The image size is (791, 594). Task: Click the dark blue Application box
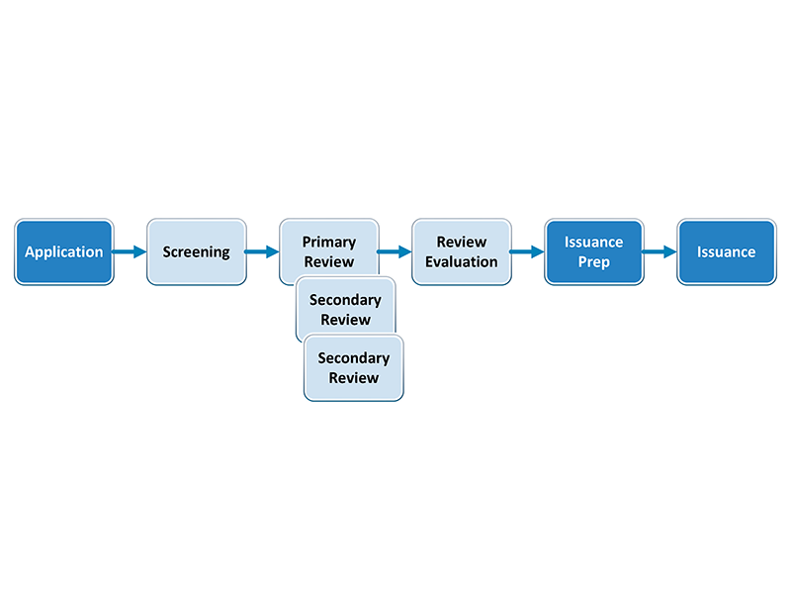point(64,252)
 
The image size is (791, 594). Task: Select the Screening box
point(196,252)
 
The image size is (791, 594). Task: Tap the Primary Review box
point(328,243)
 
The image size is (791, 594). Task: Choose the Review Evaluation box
point(461,252)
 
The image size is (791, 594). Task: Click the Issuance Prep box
point(593,252)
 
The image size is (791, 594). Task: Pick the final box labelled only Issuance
point(726,252)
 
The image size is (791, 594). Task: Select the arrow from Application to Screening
point(130,252)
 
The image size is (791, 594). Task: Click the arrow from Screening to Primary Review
point(262,252)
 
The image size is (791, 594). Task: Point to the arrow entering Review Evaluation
point(395,252)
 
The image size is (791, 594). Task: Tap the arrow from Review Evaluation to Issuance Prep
point(527,252)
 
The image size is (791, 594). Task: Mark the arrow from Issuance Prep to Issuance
point(659,252)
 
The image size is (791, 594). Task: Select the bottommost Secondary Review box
point(354,368)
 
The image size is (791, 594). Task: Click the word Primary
point(328,242)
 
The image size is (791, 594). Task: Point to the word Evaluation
point(462,262)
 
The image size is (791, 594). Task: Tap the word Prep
point(593,262)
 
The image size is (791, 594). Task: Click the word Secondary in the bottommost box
point(354,358)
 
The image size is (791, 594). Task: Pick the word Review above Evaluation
point(462,242)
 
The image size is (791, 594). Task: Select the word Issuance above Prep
point(593,242)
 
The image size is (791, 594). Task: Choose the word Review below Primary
point(328,262)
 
